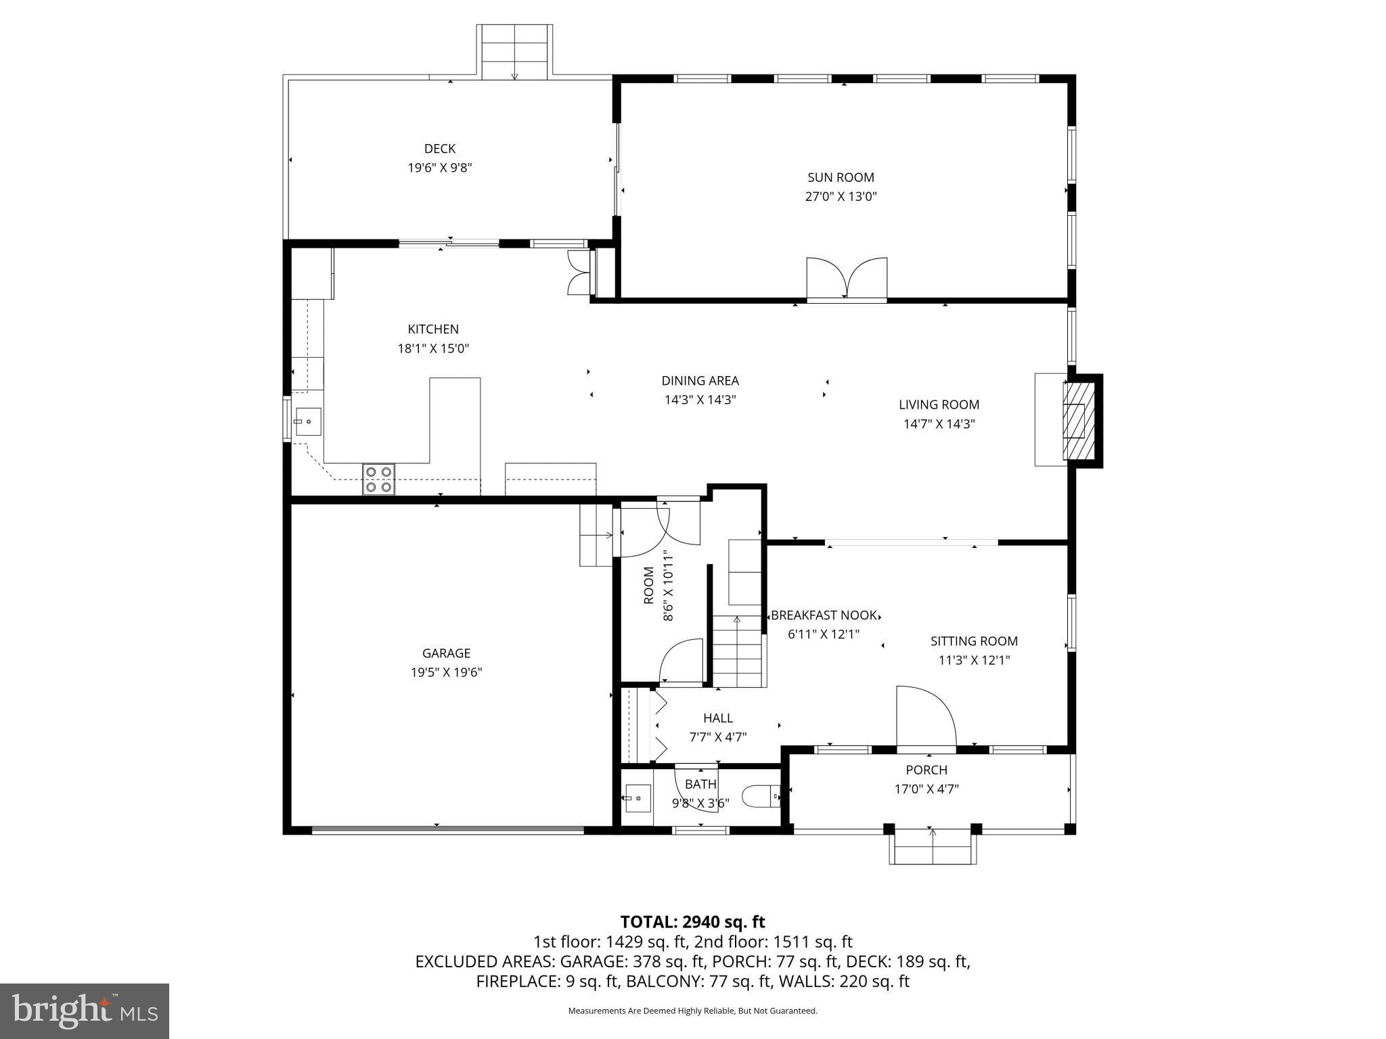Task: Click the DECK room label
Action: point(439,149)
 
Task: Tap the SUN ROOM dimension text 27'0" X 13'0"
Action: point(841,197)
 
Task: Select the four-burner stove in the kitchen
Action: point(378,479)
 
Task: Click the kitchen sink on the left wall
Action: point(307,421)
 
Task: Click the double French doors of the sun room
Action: point(846,278)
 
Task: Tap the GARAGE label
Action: point(446,653)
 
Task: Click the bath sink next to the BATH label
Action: point(637,798)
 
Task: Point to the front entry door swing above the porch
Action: point(924,717)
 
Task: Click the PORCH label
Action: point(926,770)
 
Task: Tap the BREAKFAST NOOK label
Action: point(823,616)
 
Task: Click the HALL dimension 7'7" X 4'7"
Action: point(717,737)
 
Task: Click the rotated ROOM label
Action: point(649,586)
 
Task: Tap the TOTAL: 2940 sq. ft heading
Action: point(692,922)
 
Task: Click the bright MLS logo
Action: point(85,1011)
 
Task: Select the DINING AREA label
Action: point(700,381)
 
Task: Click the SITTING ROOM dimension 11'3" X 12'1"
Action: point(974,660)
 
